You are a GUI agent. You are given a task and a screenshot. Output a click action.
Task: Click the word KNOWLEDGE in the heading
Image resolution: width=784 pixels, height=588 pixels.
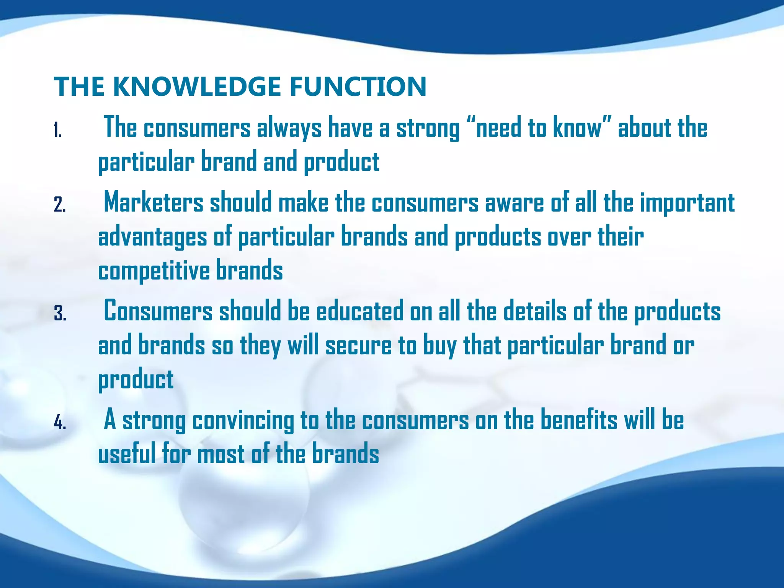pyautogui.click(x=197, y=87)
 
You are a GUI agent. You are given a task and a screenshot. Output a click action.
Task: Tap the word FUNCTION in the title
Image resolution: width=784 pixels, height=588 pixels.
pyautogui.click(x=358, y=87)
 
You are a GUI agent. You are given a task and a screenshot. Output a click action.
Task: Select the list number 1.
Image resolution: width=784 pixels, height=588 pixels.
pyautogui.click(x=57, y=131)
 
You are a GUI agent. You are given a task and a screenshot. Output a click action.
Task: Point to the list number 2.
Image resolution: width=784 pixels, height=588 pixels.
pyautogui.click(x=59, y=205)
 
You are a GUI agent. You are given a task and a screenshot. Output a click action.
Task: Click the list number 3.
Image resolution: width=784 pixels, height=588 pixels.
pyautogui.click(x=60, y=314)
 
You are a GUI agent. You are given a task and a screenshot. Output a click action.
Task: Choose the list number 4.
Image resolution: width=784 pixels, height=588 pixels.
pyautogui.click(x=60, y=423)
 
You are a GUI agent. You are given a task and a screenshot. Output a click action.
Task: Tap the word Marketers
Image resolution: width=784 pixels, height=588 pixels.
pyautogui.click(x=154, y=203)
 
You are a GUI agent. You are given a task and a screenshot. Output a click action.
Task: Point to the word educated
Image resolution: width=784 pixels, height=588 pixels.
pyautogui.click(x=359, y=311)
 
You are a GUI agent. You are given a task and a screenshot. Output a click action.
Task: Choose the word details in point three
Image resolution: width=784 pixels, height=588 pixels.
pyautogui.click(x=534, y=311)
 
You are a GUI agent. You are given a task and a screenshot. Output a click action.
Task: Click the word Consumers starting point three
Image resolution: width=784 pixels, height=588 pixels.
pyautogui.click(x=158, y=311)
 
